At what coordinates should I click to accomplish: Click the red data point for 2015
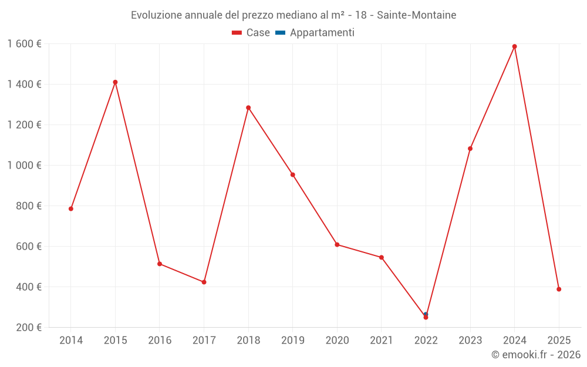(115, 82)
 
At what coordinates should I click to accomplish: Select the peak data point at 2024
(515, 46)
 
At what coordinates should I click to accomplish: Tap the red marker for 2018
(248, 108)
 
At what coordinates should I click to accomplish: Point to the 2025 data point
(559, 289)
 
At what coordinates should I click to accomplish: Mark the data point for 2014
(71, 208)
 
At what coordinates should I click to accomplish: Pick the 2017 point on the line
(204, 282)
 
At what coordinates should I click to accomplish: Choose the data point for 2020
(337, 244)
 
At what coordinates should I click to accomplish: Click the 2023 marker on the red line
(470, 149)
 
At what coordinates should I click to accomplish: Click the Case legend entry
(251, 33)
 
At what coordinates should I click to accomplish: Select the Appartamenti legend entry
(315, 33)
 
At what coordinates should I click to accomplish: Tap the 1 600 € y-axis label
(25, 44)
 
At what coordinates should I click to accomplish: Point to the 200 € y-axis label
(30, 328)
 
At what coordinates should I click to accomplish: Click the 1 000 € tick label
(25, 166)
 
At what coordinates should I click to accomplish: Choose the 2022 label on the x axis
(426, 341)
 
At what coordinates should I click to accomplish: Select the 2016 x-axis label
(160, 341)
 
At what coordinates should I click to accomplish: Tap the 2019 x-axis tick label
(293, 341)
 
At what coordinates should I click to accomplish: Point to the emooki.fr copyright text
(535, 355)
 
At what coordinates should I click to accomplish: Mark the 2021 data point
(382, 257)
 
